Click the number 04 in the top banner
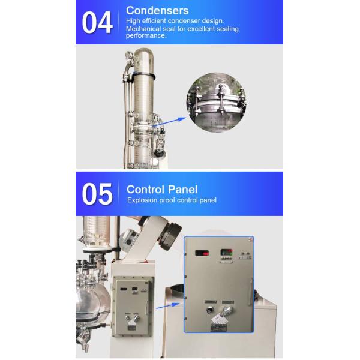[97, 23]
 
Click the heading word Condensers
[157, 10]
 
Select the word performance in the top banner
[146, 36]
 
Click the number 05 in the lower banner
[97, 194]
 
